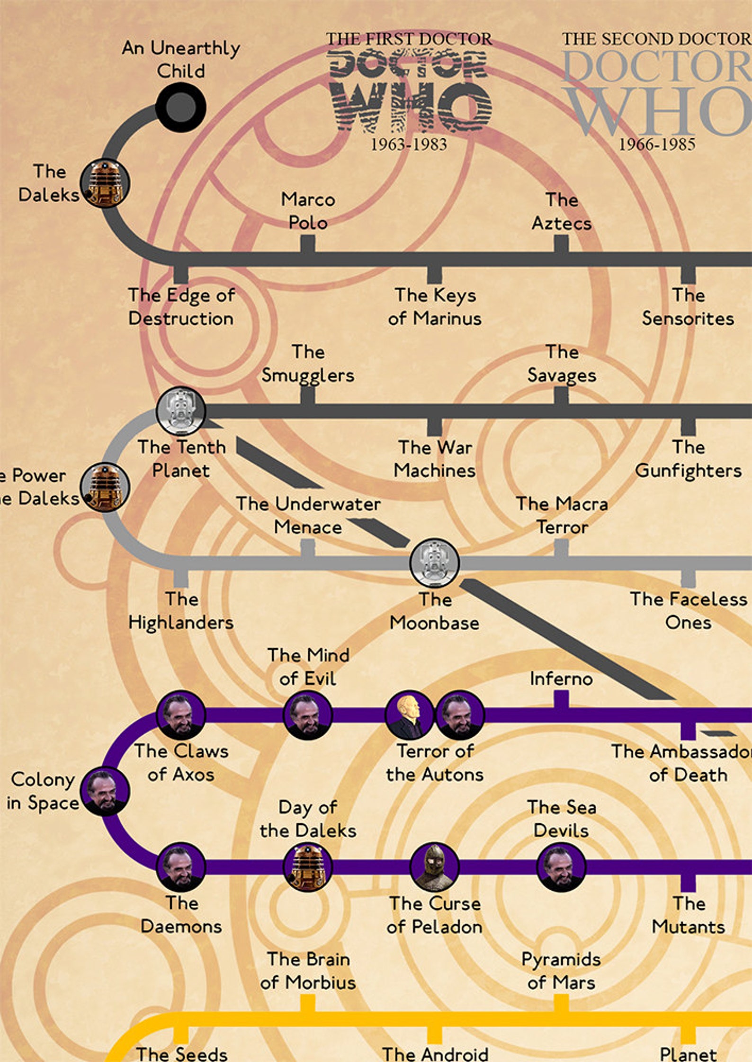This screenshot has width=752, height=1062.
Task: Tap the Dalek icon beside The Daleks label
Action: tap(105, 183)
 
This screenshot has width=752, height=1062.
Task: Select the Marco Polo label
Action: tap(308, 211)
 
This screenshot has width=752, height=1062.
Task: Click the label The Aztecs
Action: tap(561, 211)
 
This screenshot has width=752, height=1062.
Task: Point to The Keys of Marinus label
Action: tap(435, 307)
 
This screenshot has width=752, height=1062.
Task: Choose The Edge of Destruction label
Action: tap(181, 307)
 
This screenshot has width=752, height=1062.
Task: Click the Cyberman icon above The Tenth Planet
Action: tap(180, 411)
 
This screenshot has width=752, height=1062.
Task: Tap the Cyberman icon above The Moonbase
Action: tap(434, 563)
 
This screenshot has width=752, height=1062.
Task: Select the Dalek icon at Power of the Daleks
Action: tap(105, 487)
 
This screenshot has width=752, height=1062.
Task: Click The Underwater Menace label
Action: tap(308, 515)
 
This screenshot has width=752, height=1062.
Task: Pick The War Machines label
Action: tap(435, 459)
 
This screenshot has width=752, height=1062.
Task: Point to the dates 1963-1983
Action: tap(409, 144)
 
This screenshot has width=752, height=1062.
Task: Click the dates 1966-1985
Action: tap(657, 144)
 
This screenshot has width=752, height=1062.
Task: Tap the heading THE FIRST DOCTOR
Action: tap(409, 39)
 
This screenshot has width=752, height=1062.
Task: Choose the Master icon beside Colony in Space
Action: tap(105, 792)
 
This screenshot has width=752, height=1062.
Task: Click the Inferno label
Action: tap(561, 679)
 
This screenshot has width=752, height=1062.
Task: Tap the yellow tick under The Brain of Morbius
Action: tap(308, 1003)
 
